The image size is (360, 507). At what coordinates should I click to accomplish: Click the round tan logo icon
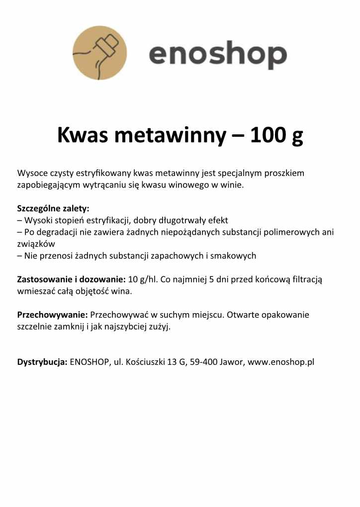(x=99, y=53)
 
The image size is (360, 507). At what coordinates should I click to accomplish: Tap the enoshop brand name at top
(x=218, y=55)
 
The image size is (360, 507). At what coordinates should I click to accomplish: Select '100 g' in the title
(x=276, y=135)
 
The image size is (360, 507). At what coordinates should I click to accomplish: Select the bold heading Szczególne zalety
(x=53, y=208)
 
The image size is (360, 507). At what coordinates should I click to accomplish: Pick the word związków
(x=36, y=244)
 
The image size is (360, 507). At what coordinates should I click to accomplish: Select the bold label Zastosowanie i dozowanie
(x=71, y=279)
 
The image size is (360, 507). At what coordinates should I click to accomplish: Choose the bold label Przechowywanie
(x=53, y=315)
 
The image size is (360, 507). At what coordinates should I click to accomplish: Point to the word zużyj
(x=159, y=327)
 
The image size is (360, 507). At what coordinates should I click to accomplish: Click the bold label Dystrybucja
(x=42, y=362)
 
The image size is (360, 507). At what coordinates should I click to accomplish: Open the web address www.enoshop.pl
(x=281, y=362)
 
